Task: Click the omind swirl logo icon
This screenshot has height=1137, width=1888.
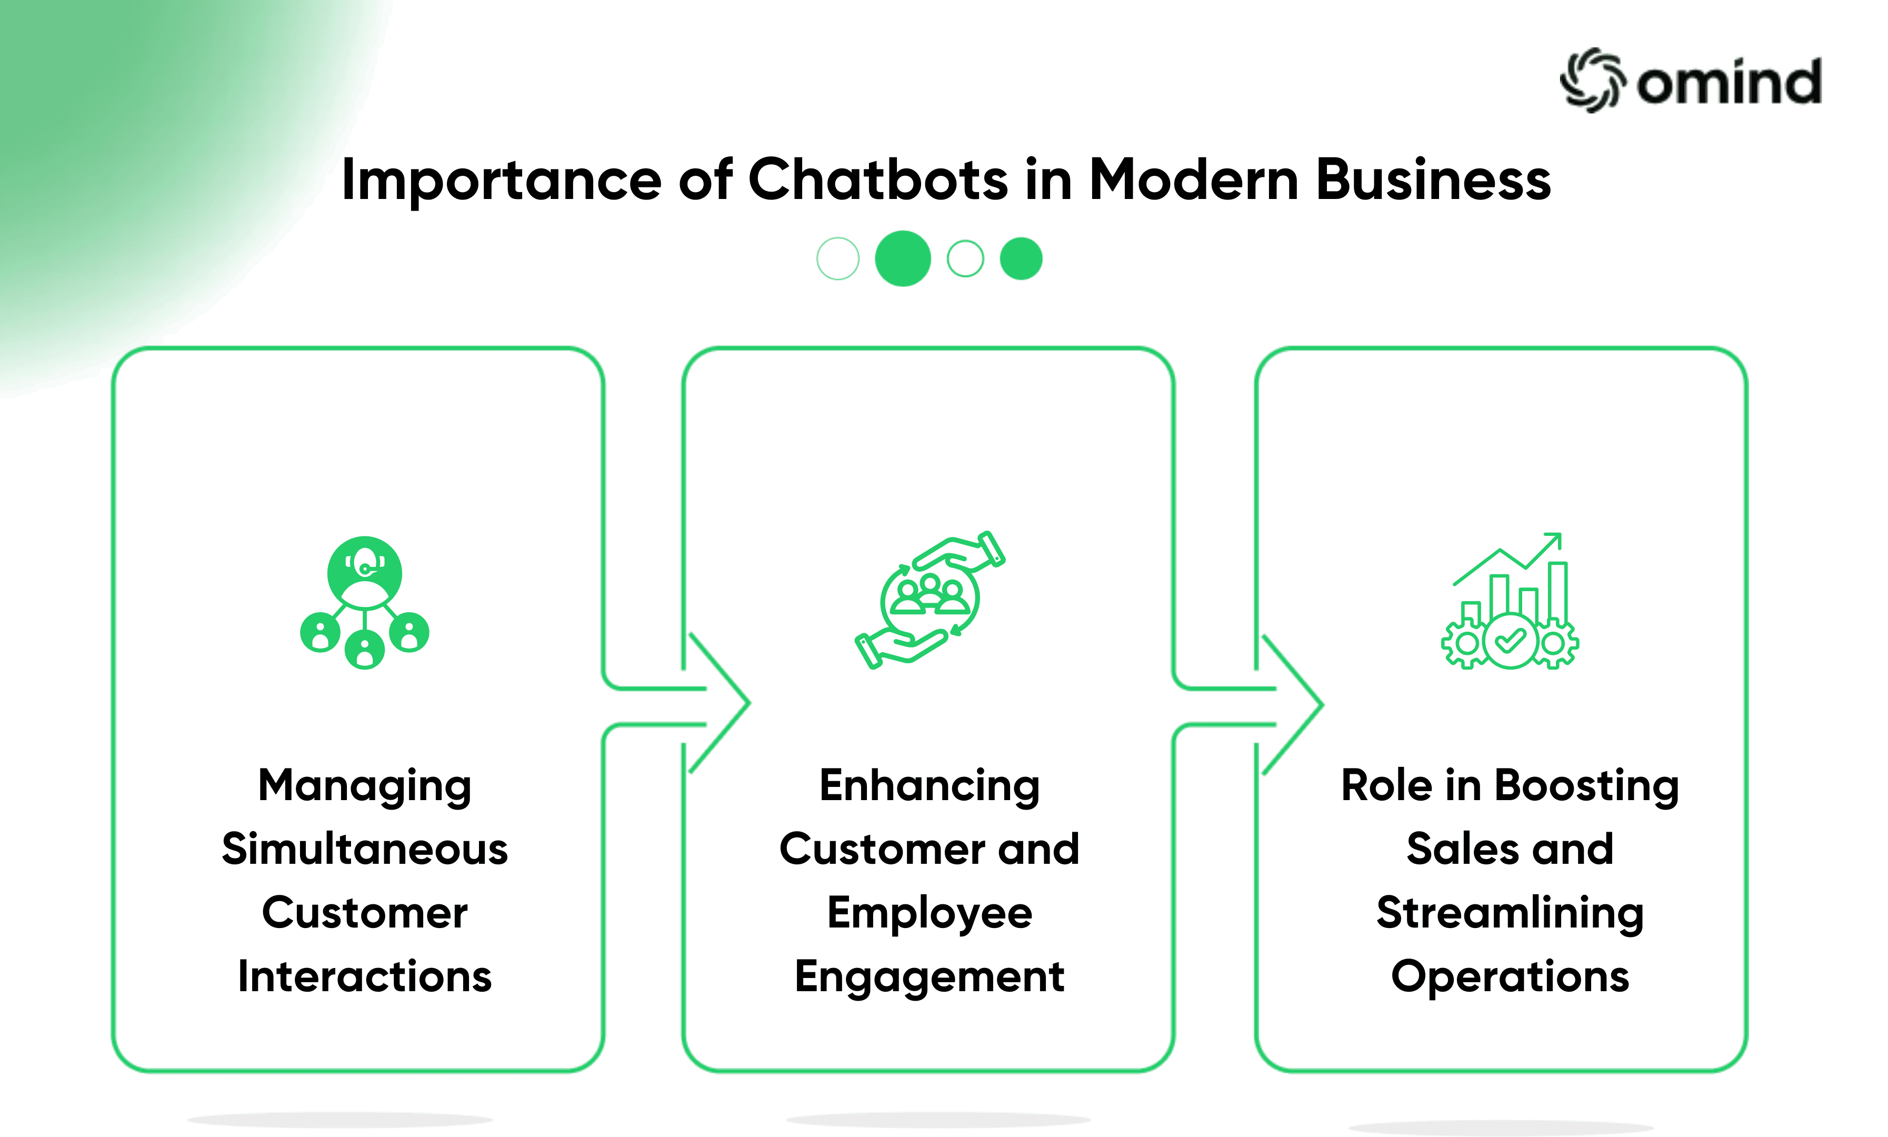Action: [1592, 81]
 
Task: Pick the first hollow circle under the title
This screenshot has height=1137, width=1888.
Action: [837, 259]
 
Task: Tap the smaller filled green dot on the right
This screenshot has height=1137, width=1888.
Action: [1021, 259]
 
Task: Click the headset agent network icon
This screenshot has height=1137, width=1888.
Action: [365, 602]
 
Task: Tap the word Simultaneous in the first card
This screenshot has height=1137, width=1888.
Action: [365, 849]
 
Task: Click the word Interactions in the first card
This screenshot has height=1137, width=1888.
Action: [365, 976]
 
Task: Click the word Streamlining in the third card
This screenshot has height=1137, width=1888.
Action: [1510, 913]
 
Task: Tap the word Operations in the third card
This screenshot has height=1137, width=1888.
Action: [1510, 976]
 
